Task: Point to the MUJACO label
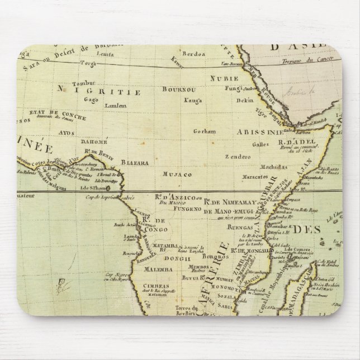click(173, 174)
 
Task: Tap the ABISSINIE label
click(259, 132)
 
